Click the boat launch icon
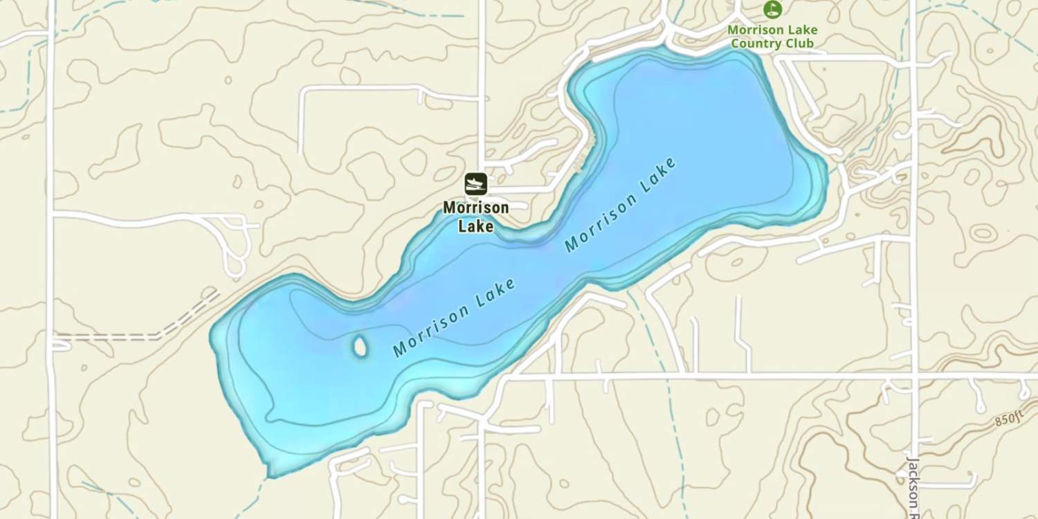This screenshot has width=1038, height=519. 475,184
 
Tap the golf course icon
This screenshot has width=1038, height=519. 772,9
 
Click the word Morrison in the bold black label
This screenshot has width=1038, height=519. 475,208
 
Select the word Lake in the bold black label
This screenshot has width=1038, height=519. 475,226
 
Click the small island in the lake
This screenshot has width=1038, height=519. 360,346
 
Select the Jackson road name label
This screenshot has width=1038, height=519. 913,482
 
